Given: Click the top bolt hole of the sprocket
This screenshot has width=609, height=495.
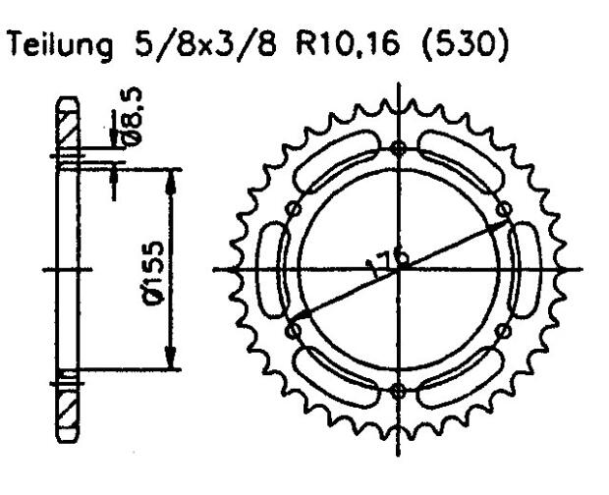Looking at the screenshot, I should pos(397,148).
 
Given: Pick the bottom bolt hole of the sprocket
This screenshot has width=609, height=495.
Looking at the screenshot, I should pos(397,391).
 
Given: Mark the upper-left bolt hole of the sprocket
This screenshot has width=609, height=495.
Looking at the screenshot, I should pos(292,208).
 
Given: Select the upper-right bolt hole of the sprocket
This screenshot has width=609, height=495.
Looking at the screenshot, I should pos(504,208).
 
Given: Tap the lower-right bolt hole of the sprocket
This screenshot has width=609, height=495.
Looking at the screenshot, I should pos(503,330).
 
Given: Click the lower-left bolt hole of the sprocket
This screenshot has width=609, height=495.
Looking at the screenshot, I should pos(292,331).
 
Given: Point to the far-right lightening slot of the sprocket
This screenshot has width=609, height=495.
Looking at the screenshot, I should pos(524,269).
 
